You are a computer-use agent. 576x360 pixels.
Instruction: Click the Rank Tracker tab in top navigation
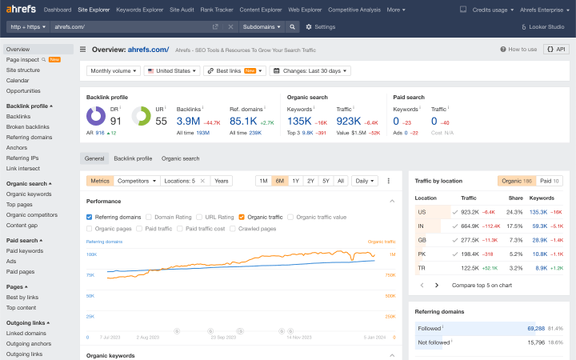pyautogui.click(x=216, y=10)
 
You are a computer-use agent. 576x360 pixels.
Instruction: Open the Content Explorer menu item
pyautogui.click(x=261, y=10)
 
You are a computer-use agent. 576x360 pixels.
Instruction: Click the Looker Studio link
pyautogui.click(x=546, y=26)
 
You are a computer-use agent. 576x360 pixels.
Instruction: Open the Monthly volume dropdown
pyautogui.click(x=113, y=70)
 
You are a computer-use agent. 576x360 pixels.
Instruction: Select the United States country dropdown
pyautogui.click(x=171, y=70)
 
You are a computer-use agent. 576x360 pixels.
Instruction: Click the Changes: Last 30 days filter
pyautogui.click(x=310, y=70)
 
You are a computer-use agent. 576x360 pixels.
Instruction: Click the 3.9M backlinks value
pyautogui.click(x=188, y=121)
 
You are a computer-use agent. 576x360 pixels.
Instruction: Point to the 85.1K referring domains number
pyautogui.click(x=242, y=121)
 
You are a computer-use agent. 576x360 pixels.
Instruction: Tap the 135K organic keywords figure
pyautogui.click(x=299, y=121)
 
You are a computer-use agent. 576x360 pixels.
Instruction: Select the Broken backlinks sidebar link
pyautogui.click(x=28, y=126)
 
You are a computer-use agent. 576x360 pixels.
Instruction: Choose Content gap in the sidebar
pyautogui.click(x=22, y=225)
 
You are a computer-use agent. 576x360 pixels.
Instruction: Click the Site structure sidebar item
pyautogui.click(x=23, y=70)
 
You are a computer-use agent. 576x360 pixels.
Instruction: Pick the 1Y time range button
pyautogui.click(x=295, y=181)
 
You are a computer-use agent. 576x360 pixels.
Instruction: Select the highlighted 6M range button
pyautogui.click(x=279, y=181)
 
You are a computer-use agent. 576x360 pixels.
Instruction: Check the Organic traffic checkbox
pyautogui.click(x=242, y=217)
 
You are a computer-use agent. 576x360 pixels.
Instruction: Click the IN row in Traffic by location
pyautogui.click(x=421, y=226)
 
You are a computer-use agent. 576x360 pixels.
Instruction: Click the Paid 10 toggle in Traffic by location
pyautogui.click(x=550, y=181)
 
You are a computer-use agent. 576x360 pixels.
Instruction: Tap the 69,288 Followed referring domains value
pyautogui.click(x=535, y=328)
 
